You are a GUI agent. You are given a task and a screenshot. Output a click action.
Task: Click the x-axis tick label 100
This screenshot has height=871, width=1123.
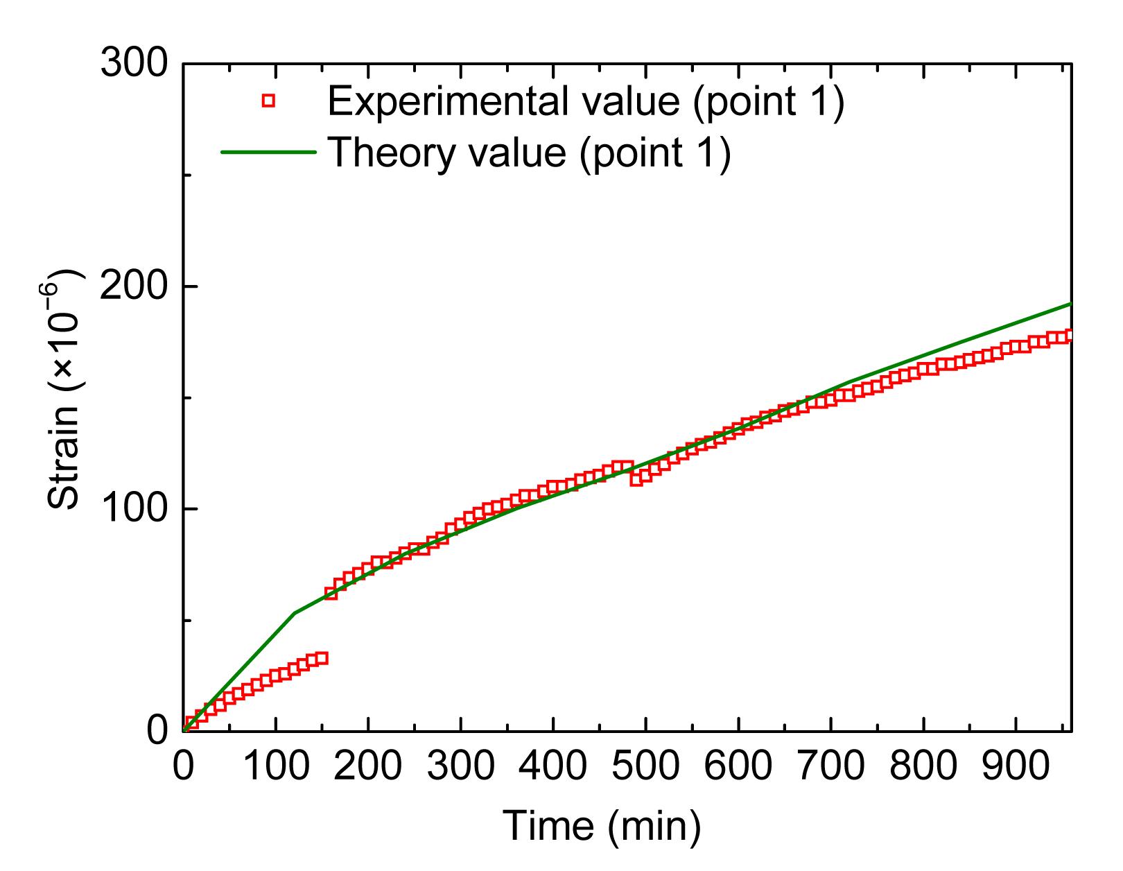276,767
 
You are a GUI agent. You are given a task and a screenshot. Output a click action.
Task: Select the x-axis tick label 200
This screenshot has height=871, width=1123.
368,767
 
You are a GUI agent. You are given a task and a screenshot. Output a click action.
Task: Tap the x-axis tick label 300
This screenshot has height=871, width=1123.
460,767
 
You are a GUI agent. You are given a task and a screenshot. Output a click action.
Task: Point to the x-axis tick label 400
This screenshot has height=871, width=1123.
552,767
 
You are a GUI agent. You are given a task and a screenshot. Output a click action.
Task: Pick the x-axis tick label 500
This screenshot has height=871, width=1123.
645,767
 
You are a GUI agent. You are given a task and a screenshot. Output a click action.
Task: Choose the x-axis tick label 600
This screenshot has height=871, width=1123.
738,767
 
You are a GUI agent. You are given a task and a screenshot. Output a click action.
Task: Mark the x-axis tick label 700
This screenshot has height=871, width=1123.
830,767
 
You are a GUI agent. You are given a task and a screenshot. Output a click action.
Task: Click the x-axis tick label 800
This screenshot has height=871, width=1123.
923,767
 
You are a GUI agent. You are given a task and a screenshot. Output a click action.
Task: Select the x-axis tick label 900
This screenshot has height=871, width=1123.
1015,767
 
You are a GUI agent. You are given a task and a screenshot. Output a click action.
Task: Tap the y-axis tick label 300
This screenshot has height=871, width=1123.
135,64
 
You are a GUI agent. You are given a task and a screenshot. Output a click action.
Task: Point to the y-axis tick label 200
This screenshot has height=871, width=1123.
135,286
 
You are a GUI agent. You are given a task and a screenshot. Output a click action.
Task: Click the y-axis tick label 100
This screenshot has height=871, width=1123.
135,509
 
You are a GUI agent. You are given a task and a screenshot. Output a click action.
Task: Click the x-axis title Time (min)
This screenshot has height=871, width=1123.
601,825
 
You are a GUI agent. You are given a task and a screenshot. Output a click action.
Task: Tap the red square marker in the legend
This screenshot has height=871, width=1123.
268,101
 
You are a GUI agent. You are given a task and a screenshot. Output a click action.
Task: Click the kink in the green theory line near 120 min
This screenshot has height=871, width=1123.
295,612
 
